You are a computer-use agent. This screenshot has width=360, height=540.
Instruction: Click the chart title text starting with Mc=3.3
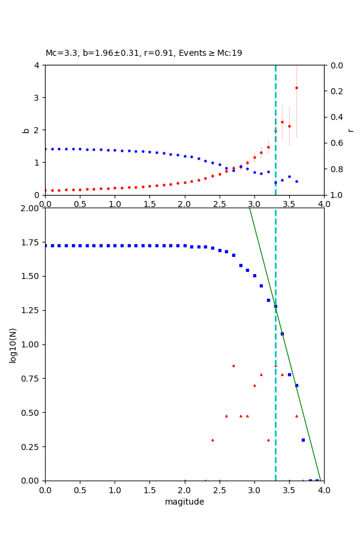click(144, 53)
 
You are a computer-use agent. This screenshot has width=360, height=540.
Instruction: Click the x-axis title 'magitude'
click(184, 502)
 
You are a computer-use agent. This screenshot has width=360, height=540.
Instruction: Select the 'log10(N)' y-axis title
click(13, 344)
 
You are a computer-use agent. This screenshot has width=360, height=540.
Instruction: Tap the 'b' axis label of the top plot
click(26, 130)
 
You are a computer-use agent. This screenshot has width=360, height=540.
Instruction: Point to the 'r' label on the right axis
click(350, 130)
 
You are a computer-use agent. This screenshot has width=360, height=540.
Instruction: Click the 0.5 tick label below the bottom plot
click(80, 490)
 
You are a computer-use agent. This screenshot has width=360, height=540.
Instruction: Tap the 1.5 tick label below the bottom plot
click(149, 490)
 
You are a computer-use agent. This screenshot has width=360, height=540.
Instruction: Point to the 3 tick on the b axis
click(37, 97)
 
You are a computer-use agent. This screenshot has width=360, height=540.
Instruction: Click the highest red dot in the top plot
click(296, 88)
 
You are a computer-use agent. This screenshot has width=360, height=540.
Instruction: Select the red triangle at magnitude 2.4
click(212, 440)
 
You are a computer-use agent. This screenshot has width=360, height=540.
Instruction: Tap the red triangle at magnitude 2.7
click(233, 365)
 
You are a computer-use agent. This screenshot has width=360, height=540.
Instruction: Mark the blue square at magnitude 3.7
click(303, 440)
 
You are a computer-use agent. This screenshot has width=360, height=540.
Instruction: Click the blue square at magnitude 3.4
click(282, 334)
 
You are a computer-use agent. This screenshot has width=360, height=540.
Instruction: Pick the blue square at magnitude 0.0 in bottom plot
click(45, 245)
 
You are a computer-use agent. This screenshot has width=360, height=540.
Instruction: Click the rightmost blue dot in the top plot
click(296, 181)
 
